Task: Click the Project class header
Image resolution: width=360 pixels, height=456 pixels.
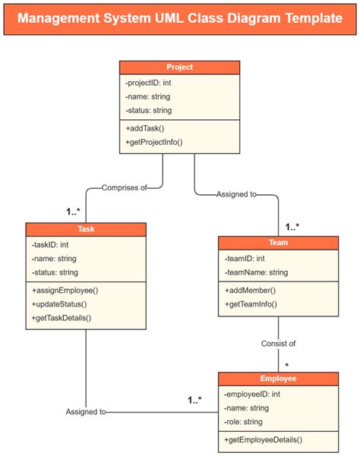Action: tap(179, 68)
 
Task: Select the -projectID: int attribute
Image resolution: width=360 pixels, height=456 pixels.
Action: tap(149, 83)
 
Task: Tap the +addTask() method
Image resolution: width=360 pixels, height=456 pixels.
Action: tap(145, 127)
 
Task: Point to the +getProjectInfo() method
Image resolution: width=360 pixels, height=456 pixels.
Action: tap(154, 142)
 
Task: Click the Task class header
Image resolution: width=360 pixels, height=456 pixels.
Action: tap(86, 229)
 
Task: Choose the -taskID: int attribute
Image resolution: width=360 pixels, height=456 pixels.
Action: tap(51, 245)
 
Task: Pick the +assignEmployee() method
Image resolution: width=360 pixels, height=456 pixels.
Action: tap(65, 290)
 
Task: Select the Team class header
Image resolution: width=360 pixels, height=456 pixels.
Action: tap(279, 243)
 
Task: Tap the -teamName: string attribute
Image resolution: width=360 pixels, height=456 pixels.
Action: tap(257, 272)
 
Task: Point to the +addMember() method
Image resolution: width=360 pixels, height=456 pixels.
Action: tap(250, 291)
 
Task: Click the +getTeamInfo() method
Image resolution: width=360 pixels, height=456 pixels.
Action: tap(251, 304)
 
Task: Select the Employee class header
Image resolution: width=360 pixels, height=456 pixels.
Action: tap(278, 378)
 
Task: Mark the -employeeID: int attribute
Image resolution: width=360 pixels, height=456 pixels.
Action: tap(252, 394)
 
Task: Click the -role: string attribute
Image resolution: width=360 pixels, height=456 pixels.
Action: tap(243, 421)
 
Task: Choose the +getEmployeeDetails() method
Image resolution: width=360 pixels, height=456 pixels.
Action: tap(263, 439)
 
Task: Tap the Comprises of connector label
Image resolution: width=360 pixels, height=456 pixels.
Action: tap(125, 187)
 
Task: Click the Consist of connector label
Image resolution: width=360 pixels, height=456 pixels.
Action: tap(279, 343)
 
